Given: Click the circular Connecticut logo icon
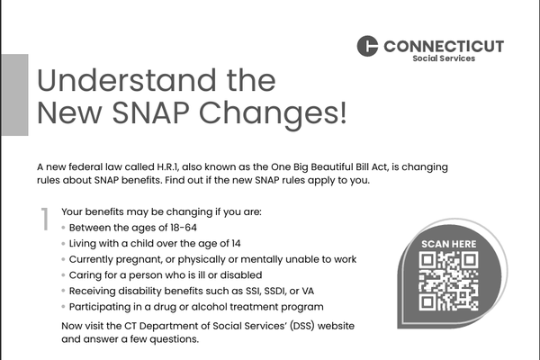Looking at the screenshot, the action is (367, 46).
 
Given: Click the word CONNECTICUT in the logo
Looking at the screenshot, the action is (444, 47).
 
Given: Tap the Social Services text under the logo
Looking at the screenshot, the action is (444, 58).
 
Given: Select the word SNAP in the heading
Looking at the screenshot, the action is (150, 112).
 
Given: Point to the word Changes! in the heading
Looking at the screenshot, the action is (273, 114).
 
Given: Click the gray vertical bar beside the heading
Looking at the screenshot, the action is (14, 94).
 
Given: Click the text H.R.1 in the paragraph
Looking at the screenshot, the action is (168, 167).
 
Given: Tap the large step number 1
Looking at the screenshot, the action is (45, 219).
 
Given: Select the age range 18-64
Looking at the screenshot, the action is (184, 228).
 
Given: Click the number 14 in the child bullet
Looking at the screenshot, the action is (236, 244).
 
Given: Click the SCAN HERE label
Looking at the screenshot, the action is (449, 244).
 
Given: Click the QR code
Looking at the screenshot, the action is (449, 281).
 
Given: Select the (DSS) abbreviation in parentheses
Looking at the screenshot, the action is (302, 326).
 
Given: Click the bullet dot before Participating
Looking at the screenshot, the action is (63, 307).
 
